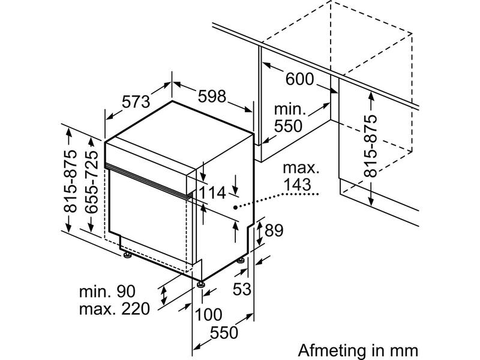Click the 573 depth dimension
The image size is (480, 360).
click(x=136, y=101)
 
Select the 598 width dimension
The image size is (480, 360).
click(x=212, y=96)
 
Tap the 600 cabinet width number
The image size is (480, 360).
click(x=299, y=79)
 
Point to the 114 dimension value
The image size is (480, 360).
click(x=212, y=193)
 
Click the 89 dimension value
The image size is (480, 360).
click(x=274, y=230)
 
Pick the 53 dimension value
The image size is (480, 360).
click(x=242, y=289)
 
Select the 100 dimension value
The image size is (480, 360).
click(x=208, y=314)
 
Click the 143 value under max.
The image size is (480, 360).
click(x=297, y=185)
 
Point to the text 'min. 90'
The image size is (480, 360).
click(x=107, y=292)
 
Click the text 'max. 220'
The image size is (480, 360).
click(x=115, y=309)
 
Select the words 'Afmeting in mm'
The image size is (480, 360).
click(x=358, y=350)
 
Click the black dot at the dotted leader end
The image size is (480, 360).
click(x=235, y=208)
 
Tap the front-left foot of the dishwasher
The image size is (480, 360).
click(x=127, y=254)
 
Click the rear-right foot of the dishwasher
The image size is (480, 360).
click(x=241, y=260)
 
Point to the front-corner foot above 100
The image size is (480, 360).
click(x=200, y=284)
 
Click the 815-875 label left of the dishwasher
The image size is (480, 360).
click(x=70, y=181)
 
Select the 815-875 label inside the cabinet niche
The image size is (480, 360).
click(x=371, y=146)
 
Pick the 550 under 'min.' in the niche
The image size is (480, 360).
click(x=288, y=126)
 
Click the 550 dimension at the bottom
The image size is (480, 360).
click(x=224, y=332)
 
